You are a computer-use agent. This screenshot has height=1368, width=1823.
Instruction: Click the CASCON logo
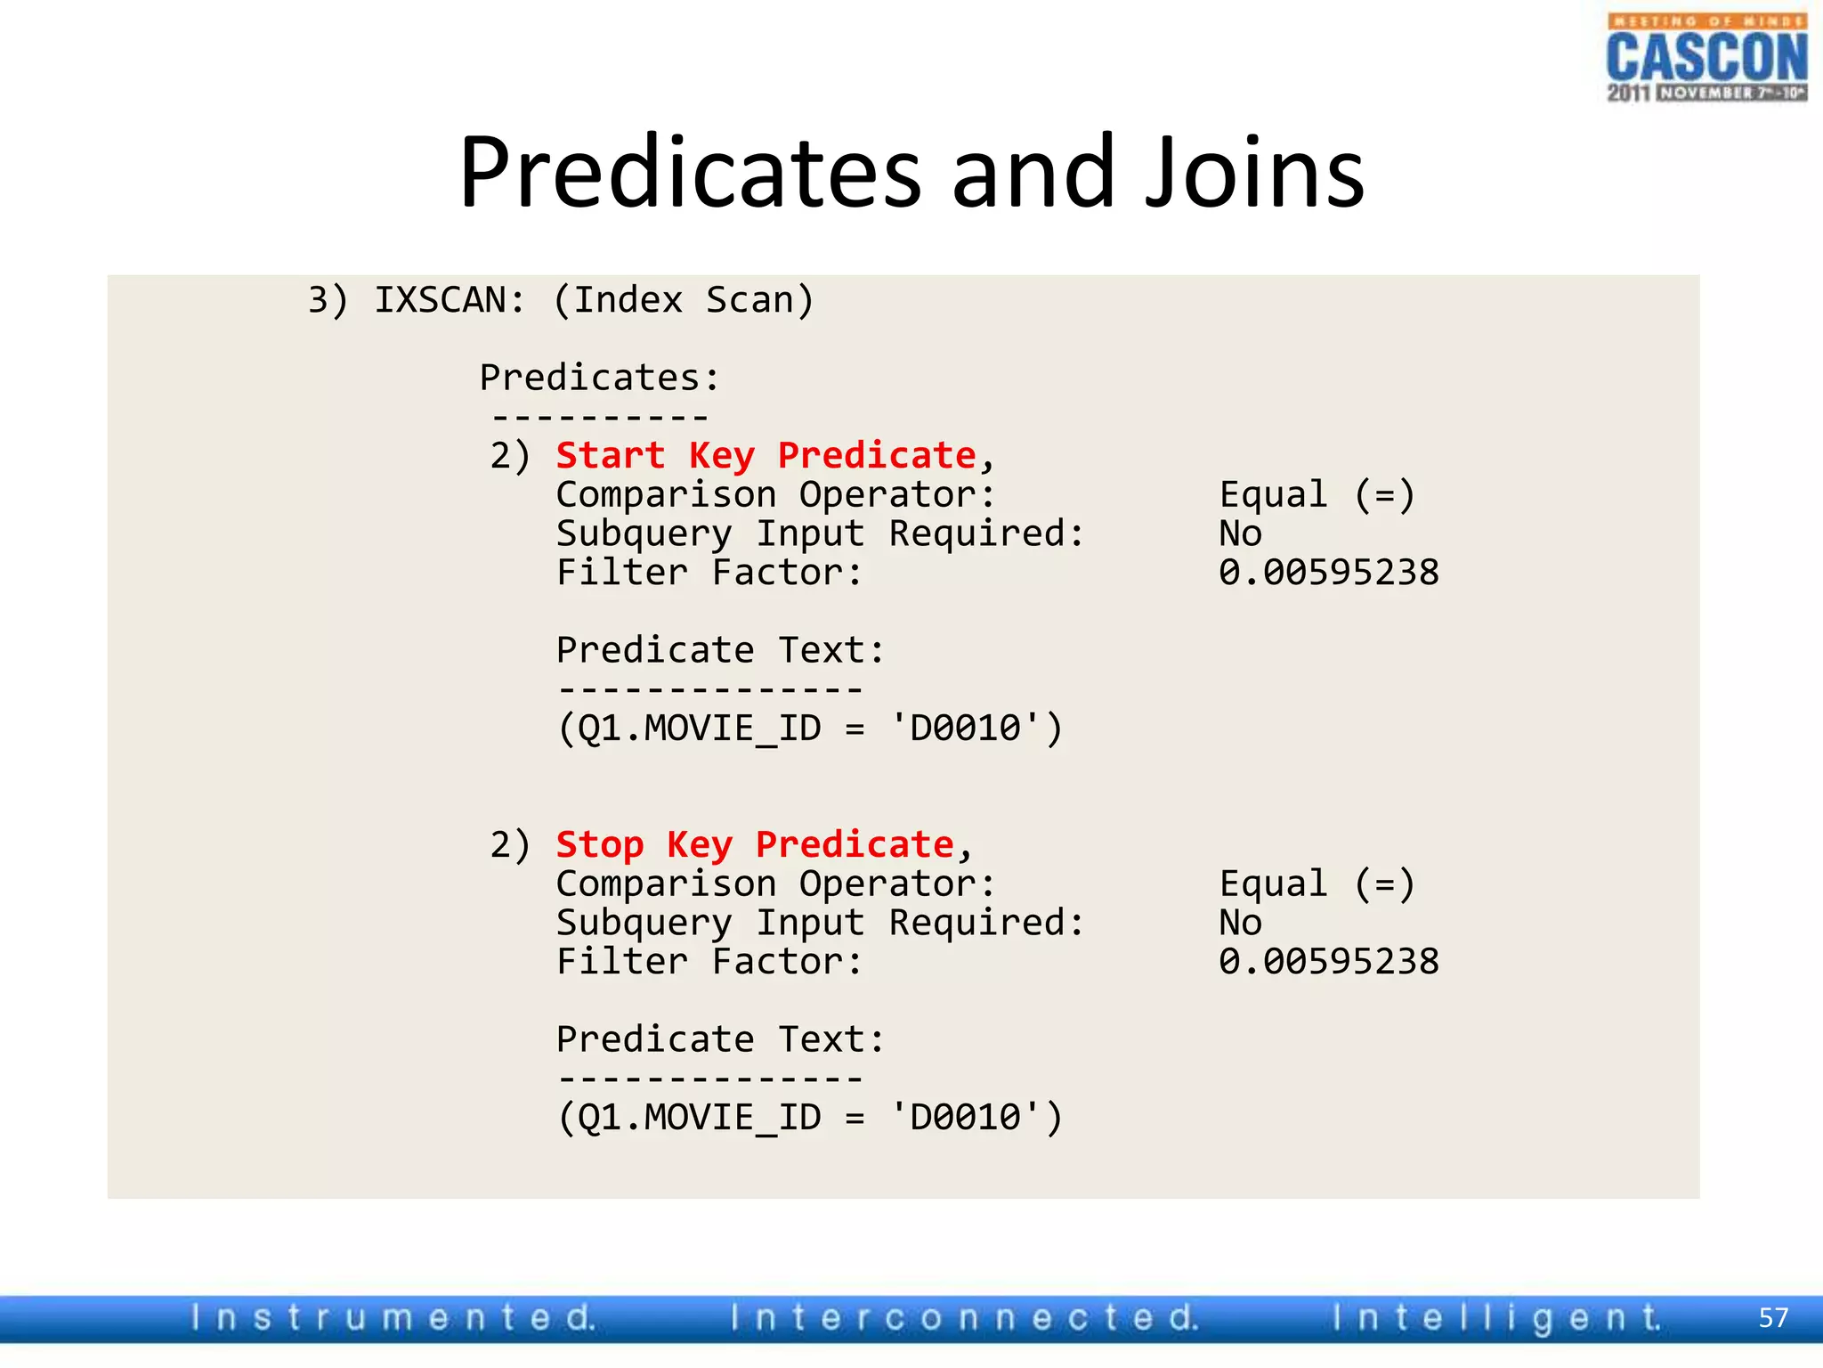1706,58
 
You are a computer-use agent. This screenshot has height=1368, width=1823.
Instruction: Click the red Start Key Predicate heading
766,456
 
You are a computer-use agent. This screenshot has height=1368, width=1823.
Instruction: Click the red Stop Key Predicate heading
755,844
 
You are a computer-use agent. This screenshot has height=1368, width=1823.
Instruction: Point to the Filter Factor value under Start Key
1328,572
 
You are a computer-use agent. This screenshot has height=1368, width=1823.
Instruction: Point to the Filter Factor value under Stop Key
1328,961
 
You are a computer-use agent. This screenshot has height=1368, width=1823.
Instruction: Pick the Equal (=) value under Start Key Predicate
1317,494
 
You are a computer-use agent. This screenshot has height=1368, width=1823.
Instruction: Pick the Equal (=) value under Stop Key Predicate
1317,883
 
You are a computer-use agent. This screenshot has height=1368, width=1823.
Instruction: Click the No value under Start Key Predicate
1240,533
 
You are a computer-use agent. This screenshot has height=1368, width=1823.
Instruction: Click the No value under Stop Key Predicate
1240,923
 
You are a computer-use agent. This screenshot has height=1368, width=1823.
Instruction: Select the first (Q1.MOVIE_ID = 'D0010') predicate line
809,729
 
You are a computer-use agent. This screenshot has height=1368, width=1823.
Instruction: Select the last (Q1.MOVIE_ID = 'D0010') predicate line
809,1117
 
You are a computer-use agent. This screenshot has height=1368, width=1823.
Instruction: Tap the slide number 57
1773,1317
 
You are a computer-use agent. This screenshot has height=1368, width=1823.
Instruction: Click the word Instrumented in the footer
393,1317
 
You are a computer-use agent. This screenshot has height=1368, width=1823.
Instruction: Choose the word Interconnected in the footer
964,1317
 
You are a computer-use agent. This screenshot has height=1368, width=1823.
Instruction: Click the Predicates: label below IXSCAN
599,378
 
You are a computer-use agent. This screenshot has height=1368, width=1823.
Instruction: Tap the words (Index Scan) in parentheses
683,300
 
